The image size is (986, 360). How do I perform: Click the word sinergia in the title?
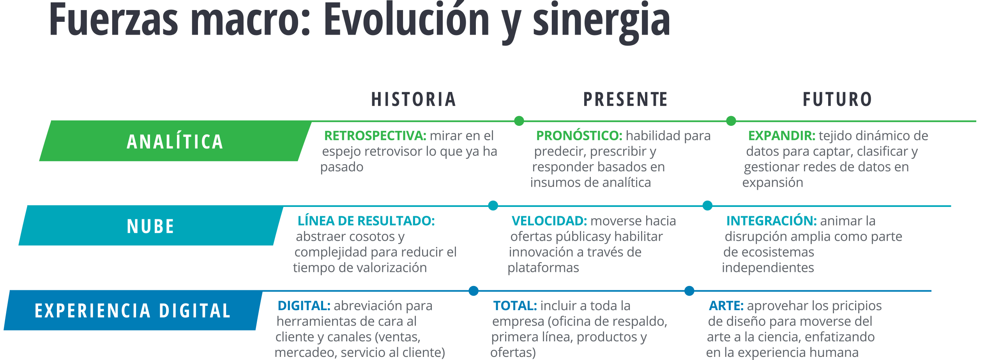tap(601, 23)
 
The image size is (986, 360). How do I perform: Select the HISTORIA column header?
tap(414, 99)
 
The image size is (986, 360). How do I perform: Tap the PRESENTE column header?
tap(626, 99)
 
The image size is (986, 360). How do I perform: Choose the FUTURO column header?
tap(838, 99)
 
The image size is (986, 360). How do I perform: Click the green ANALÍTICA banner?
tap(175, 141)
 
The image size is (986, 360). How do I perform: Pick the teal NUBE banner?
tap(151, 226)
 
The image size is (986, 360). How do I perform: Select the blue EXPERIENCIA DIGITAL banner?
tap(133, 311)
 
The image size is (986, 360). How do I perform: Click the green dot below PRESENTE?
tap(519, 121)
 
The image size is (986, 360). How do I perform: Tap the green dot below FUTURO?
tap(731, 121)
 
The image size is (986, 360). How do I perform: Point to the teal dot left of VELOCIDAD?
tap(493, 206)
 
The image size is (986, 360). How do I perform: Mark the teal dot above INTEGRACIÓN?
tap(707, 206)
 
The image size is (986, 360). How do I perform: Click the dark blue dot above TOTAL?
tap(474, 291)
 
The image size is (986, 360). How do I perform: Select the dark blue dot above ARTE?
tap(689, 291)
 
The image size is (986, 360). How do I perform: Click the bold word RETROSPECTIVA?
tap(375, 136)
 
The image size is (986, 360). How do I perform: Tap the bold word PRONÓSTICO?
tap(579, 136)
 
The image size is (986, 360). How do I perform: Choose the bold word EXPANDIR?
tap(782, 136)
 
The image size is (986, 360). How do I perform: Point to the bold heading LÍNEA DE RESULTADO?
tap(366, 221)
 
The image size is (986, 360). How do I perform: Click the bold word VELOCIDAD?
tap(550, 221)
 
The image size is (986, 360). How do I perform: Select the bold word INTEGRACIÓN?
tap(772, 221)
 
